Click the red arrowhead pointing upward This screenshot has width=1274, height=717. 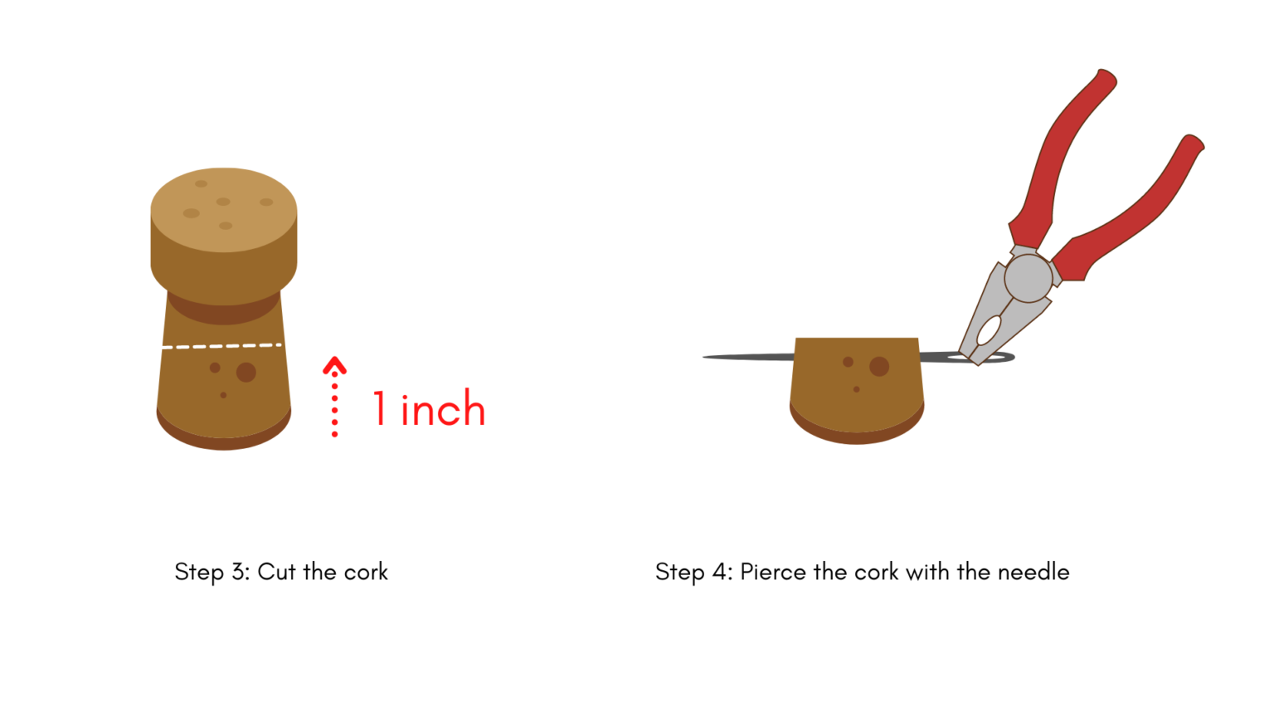(x=334, y=365)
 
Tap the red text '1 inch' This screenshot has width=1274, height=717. (x=429, y=408)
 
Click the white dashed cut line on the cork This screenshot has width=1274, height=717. (x=221, y=346)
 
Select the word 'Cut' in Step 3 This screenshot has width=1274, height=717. (x=276, y=571)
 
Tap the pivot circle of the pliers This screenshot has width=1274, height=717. (x=1028, y=278)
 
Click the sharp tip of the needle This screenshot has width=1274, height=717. (x=704, y=358)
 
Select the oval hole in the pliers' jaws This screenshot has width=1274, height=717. (x=989, y=330)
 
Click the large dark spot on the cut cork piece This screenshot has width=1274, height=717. (x=879, y=367)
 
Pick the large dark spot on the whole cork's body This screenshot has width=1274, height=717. (x=246, y=372)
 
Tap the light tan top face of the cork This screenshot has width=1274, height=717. (x=223, y=209)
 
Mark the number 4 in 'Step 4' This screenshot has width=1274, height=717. (x=719, y=571)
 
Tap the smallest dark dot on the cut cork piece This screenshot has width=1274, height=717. (x=857, y=390)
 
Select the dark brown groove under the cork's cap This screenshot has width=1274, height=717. (x=223, y=313)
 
